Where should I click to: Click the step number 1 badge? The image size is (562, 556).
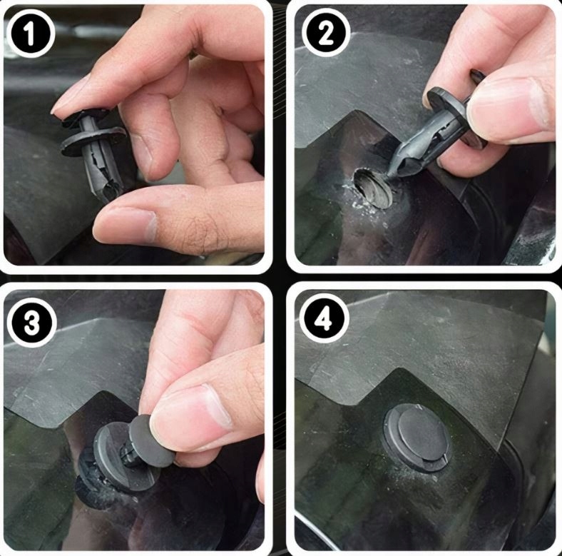(31, 34)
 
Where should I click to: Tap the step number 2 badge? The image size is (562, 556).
(326, 33)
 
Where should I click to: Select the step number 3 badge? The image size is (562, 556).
(32, 322)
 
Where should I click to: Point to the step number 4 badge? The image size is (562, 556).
(325, 318)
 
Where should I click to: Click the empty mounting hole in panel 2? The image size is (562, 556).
(374, 188)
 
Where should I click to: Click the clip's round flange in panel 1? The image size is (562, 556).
(94, 141)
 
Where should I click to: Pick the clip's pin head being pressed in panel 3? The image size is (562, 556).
(150, 442)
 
